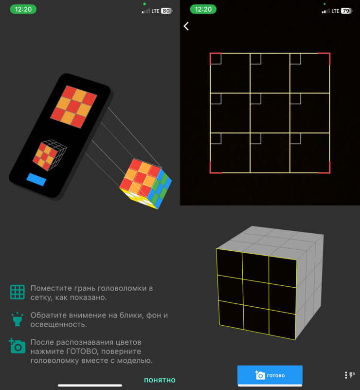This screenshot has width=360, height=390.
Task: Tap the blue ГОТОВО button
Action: pyautogui.click(x=270, y=375)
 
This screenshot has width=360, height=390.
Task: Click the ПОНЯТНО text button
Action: pyautogui.click(x=160, y=380)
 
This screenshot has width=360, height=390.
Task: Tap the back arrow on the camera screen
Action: pyautogui.click(x=186, y=26)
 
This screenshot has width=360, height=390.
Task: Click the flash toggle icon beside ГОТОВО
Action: pyautogui.click(x=350, y=375)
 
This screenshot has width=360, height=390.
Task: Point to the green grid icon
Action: pyautogui.click(x=18, y=292)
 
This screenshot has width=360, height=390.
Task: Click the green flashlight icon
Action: pyautogui.click(x=18, y=319)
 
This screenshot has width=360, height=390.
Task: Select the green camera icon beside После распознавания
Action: pyautogui.click(x=17, y=346)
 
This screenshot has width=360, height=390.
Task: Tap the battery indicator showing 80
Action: pyautogui.click(x=167, y=11)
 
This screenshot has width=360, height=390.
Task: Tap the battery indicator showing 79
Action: pyautogui.click(x=346, y=11)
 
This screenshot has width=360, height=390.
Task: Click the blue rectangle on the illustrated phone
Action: pyautogui.click(x=36, y=179)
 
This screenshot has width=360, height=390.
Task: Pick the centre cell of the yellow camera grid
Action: pyautogui.click(x=270, y=113)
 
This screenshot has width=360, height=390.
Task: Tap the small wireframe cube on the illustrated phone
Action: pyautogui.click(x=50, y=155)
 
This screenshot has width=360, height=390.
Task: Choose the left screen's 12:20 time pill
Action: pyautogui.click(x=23, y=9)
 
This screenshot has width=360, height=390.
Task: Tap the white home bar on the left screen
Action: pyautogui.click(x=90, y=385)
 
